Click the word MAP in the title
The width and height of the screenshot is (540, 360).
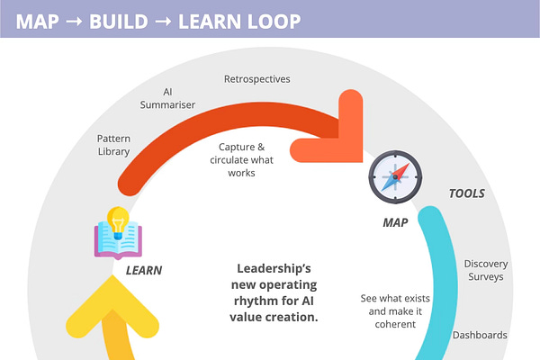click(x=38, y=21)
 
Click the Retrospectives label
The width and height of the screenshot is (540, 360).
click(x=256, y=79)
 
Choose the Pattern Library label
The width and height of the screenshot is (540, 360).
click(x=113, y=145)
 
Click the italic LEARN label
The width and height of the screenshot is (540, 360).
click(x=143, y=269)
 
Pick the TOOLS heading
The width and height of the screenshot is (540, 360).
click(x=467, y=193)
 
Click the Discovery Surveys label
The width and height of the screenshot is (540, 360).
click(x=485, y=270)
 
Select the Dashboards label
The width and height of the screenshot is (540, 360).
click(x=480, y=335)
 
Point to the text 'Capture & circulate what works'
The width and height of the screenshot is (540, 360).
click(x=242, y=159)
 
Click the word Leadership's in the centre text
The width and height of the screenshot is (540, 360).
click(x=274, y=268)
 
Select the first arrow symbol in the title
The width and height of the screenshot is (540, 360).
click(x=76, y=21)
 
